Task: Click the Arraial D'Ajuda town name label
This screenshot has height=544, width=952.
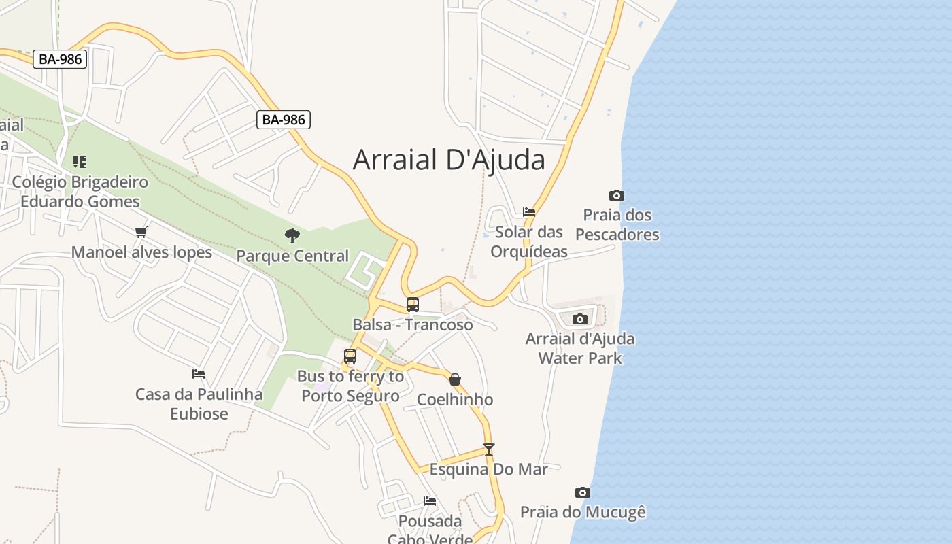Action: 449,160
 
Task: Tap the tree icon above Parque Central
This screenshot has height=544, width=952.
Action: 292,236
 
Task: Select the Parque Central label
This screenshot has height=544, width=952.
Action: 292,256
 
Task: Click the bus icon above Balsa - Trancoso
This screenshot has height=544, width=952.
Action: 413,304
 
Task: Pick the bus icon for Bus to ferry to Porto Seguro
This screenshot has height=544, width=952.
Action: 350,356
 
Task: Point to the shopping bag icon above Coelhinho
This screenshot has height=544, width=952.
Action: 455,379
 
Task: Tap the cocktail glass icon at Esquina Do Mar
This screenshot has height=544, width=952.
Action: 488,449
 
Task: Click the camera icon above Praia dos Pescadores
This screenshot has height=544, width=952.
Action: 617,196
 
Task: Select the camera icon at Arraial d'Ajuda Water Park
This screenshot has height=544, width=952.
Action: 580,319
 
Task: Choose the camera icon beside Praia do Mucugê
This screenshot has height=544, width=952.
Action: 583,492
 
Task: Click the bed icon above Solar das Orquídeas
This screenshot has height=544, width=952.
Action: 529,212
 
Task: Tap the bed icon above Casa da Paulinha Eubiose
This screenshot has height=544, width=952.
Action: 199,374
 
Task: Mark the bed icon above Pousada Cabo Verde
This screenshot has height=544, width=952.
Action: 430,501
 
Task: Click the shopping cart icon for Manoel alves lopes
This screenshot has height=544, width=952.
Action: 141,233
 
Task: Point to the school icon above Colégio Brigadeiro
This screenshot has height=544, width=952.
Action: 80,162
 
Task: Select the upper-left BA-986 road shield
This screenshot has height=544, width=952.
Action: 60,59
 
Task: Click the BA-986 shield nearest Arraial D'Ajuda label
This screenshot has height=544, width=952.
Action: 284,120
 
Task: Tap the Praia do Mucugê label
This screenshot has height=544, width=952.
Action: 583,512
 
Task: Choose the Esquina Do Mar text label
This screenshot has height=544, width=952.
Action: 488,469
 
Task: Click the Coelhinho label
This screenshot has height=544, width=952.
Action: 455,400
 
